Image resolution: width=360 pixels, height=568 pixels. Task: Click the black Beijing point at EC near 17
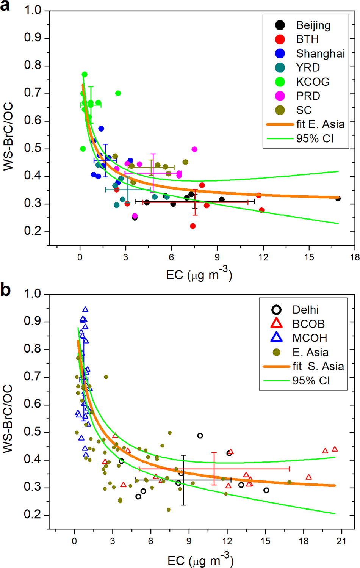pyautogui.click(x=338, y=198)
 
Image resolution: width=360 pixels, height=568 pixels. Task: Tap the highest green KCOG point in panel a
pyautogui.click(x=85, y=74)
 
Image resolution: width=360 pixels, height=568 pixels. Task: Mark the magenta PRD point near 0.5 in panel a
pyautogui.click(x=194, y=149)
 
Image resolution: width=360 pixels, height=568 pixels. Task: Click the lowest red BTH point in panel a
pyautogui.click(x=193, y=226)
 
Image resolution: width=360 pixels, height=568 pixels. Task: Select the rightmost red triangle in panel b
pyautogui.click(x=335, y=449)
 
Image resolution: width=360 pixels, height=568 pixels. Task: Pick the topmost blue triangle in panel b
pyautogui.click(x=85, y=309)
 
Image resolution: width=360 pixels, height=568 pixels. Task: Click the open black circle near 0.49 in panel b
pyautogui.click(x=200, y=436)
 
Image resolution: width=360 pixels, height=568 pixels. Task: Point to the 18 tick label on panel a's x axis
pyautogui.click(x=355, y=257)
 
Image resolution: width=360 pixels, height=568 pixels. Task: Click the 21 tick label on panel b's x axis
pyautogui.click(x=341, y=541)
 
